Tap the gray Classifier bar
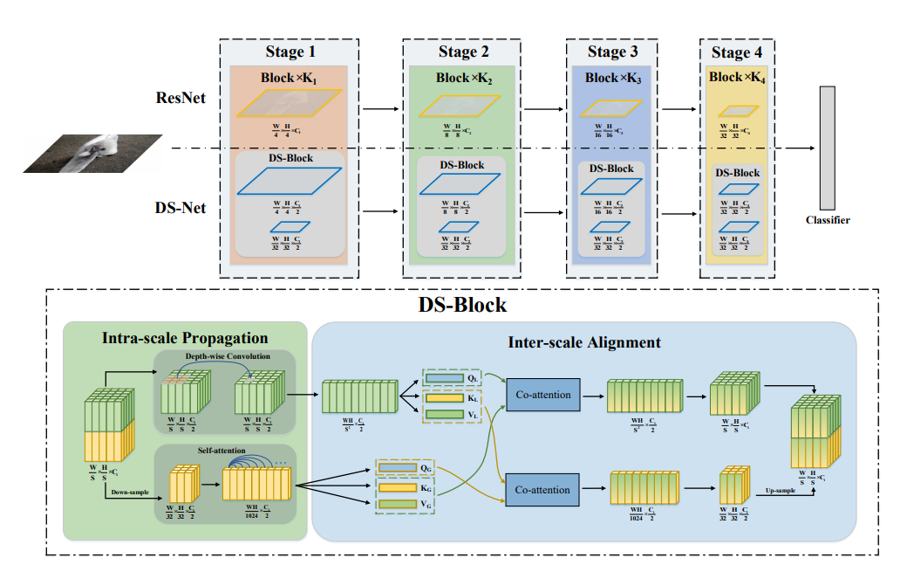(x=827, y=148)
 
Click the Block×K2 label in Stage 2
(x=463, y=78)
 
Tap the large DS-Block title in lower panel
(x=463, y=305)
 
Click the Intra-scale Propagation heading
(x=185, y=338)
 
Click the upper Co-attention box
(x=542, y=395)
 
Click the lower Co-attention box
(x=542, y=490)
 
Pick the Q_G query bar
(x=399, y=468)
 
